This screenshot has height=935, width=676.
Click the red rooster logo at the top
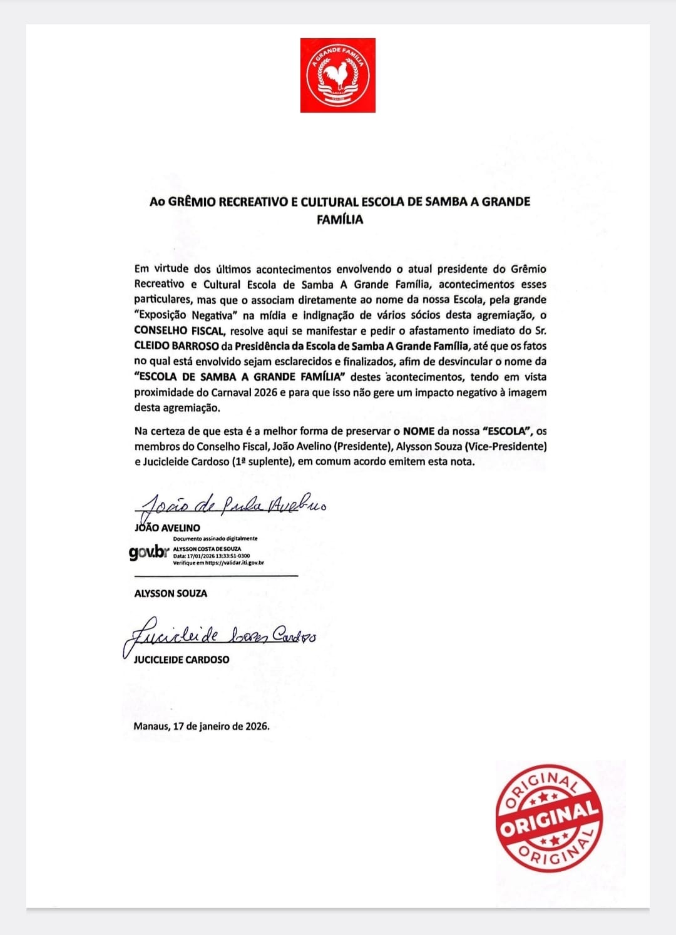(x=338, y=75)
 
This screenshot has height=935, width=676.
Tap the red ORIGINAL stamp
(x=549, y=815)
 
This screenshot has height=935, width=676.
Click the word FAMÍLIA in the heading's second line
(x=340, y=220)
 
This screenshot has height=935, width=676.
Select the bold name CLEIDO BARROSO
(x=176, y=346)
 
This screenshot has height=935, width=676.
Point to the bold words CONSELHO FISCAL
(x=178, y=330)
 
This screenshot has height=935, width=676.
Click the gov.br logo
(x=149, y=553)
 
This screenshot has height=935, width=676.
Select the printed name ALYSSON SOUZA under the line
(x=170, y=593)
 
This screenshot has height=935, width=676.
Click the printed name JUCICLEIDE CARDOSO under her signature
(x=182, y=660)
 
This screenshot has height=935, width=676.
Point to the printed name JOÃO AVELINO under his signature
(x=168, y=528)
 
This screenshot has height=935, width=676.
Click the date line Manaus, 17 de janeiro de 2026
(x=201, y=727)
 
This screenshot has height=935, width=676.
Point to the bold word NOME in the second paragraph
(x=419, y=431)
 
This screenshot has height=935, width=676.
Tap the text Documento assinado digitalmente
(x=215, y=539)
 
